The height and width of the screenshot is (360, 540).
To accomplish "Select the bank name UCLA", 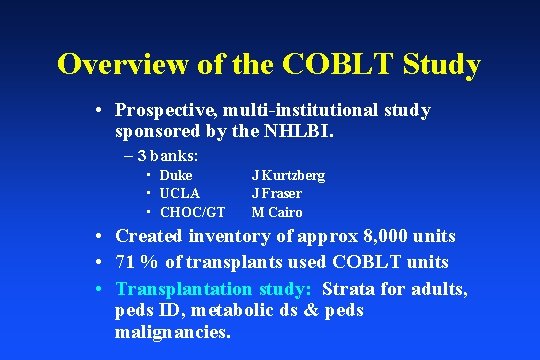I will click(180, 193).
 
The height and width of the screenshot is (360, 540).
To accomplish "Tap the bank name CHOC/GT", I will click(192, 212).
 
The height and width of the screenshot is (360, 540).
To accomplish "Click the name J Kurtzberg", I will click(288, 175).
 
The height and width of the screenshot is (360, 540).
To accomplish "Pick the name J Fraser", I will click(277, 193).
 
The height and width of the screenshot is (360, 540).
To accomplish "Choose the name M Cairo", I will click(277, 212).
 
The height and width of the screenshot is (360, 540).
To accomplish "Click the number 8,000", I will click(377, 236).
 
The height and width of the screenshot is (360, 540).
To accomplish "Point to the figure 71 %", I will click(139, 262).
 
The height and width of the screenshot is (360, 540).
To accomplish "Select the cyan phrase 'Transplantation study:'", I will click(215, 288).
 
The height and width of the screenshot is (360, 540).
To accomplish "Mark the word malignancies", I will click(172, 332).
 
